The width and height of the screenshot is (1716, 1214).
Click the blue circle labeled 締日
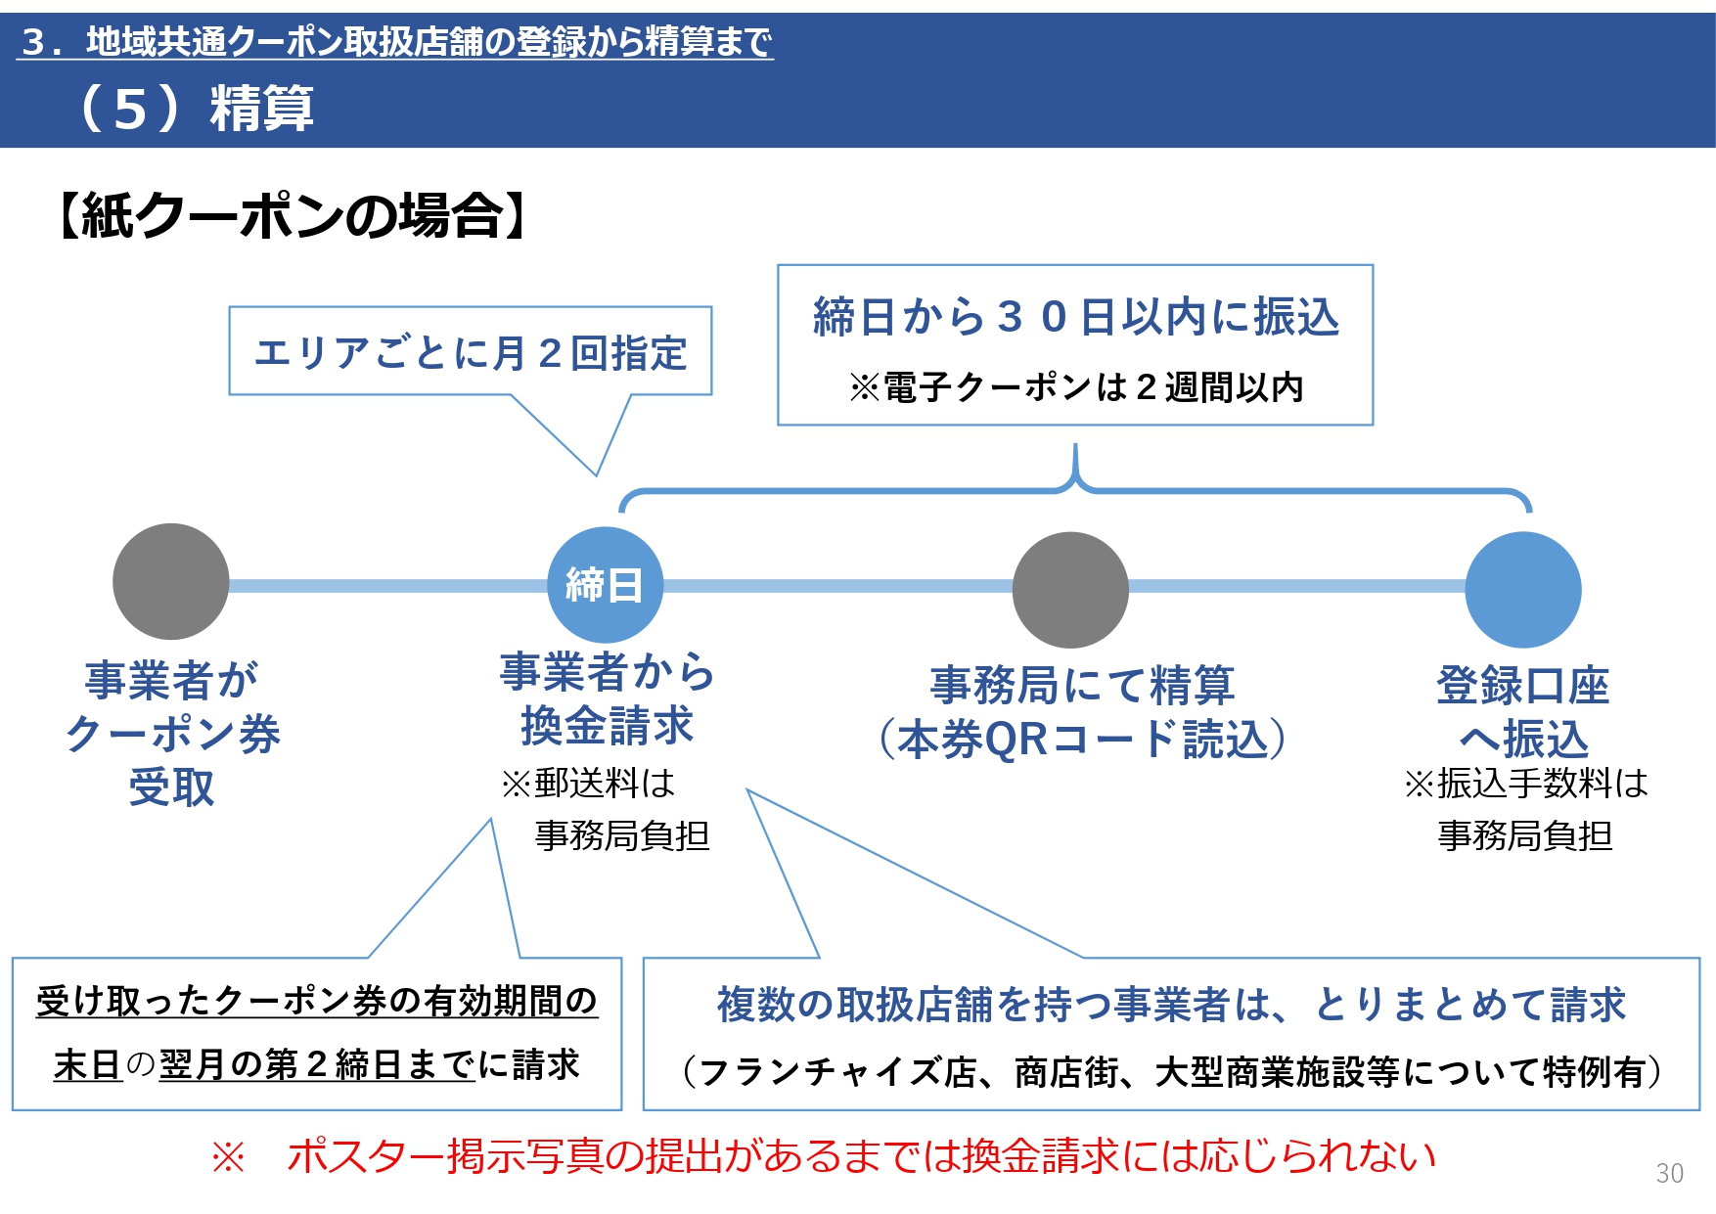605,585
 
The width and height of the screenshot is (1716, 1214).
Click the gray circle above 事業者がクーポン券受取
170,581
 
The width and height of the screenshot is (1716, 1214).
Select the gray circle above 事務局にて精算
1070,590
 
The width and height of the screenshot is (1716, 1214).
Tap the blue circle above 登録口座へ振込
1522,590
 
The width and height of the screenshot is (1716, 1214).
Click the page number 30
1669,1173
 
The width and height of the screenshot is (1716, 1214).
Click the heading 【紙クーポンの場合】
291,215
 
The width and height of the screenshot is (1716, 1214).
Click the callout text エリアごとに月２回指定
471,353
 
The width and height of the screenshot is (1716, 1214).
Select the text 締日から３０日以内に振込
1075,317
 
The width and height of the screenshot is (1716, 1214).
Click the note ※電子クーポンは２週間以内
1075,387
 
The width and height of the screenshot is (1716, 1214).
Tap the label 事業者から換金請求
607,698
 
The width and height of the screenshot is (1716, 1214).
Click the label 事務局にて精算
1082,685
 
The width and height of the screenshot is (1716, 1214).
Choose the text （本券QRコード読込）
1082,740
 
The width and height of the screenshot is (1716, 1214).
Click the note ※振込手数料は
1525,783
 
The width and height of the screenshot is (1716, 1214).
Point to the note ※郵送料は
588,783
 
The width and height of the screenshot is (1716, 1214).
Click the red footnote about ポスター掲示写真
824,1156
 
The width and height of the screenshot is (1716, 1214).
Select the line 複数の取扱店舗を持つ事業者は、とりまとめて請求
1171,1005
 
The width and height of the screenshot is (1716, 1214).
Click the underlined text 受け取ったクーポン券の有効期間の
316,1001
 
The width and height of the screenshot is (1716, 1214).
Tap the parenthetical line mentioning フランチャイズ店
1171,1072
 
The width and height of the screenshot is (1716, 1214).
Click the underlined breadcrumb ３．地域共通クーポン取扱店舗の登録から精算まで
395,41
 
